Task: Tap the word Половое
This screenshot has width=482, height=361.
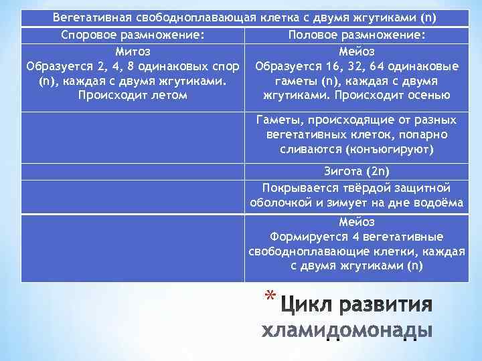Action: tap(313, 35)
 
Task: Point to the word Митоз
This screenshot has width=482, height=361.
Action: tap(133, 51)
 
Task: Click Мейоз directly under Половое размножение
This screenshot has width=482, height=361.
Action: tap(357, 51)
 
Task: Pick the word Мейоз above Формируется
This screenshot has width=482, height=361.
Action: tap(357, 222)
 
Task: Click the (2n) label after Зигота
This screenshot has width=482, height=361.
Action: tap(379, 172)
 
